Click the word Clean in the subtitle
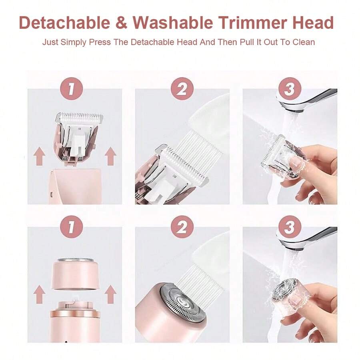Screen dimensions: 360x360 (x=303, y=42)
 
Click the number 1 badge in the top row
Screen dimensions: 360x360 (x=70, y=89)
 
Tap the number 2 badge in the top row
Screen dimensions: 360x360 (x=182, y=89)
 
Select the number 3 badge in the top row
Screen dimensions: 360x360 (x=289, y=89)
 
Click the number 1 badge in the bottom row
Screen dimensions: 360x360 (x=70, y=227)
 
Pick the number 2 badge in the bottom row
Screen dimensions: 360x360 (x=182, y=227)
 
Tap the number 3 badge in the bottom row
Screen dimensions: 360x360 (x=289, y=227)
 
